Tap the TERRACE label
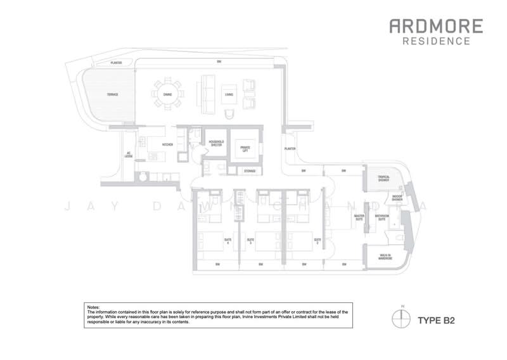112,94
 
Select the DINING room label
167,94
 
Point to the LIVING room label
228,94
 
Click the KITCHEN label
167,145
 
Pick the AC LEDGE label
128,154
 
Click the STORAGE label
250,170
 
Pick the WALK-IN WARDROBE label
383,259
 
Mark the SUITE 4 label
228,240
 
